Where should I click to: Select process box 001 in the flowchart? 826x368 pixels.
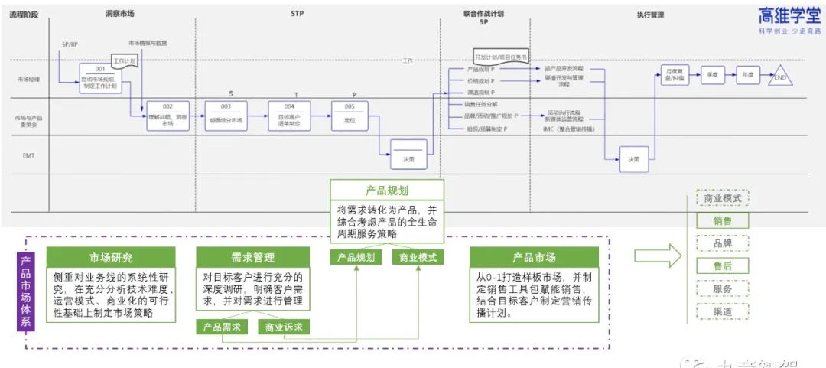(x=100, y=78)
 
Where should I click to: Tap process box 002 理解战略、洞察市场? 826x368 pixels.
(x=167, y=116)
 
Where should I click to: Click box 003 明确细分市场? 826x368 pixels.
(x=226, y=116)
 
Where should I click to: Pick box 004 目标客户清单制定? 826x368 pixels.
(x=289, y=116)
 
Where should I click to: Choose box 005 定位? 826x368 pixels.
(x=350, y=116)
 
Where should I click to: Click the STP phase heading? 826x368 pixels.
(x=298, y=14)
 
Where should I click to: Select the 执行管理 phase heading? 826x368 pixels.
(x=650, y=14)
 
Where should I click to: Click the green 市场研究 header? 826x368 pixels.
(x=111, y=257)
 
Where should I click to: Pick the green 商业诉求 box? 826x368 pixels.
(x=282, y=327)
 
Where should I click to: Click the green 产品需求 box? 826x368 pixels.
(x=222, y=327)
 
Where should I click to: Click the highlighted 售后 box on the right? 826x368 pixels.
(x=722, y=266)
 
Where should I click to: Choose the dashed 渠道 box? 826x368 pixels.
(x=722, y=312)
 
